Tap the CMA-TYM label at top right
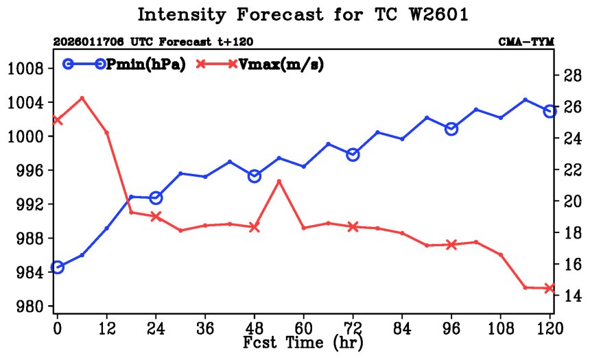point(526,43)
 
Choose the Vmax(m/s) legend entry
point(260,64)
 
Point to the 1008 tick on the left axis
point(25,69)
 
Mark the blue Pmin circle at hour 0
point(57,267)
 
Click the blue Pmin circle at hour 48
point(254,176)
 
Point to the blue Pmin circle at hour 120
point(550,111)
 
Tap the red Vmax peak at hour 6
point(82,98)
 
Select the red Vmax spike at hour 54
point(279,181)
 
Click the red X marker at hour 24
point(156,216)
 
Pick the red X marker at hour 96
point(451,244)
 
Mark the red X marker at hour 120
point(550,288)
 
